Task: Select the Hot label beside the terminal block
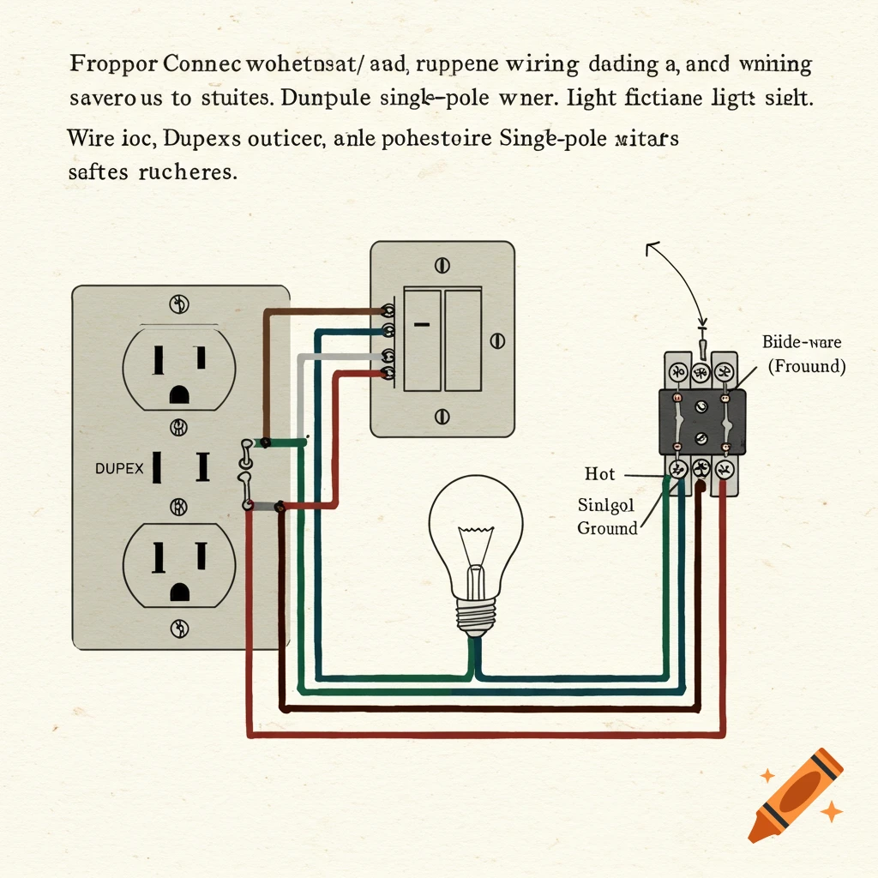click(x=599, y=474)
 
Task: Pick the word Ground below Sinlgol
click(x=607, y=528)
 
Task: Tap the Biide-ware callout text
click(x=802, y=342)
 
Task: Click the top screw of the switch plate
click(x=442, y=265)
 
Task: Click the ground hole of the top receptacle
click(x=179, y=394)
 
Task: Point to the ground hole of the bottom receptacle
click(x=179, y=591)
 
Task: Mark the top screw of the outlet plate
click(x=179, y=303)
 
